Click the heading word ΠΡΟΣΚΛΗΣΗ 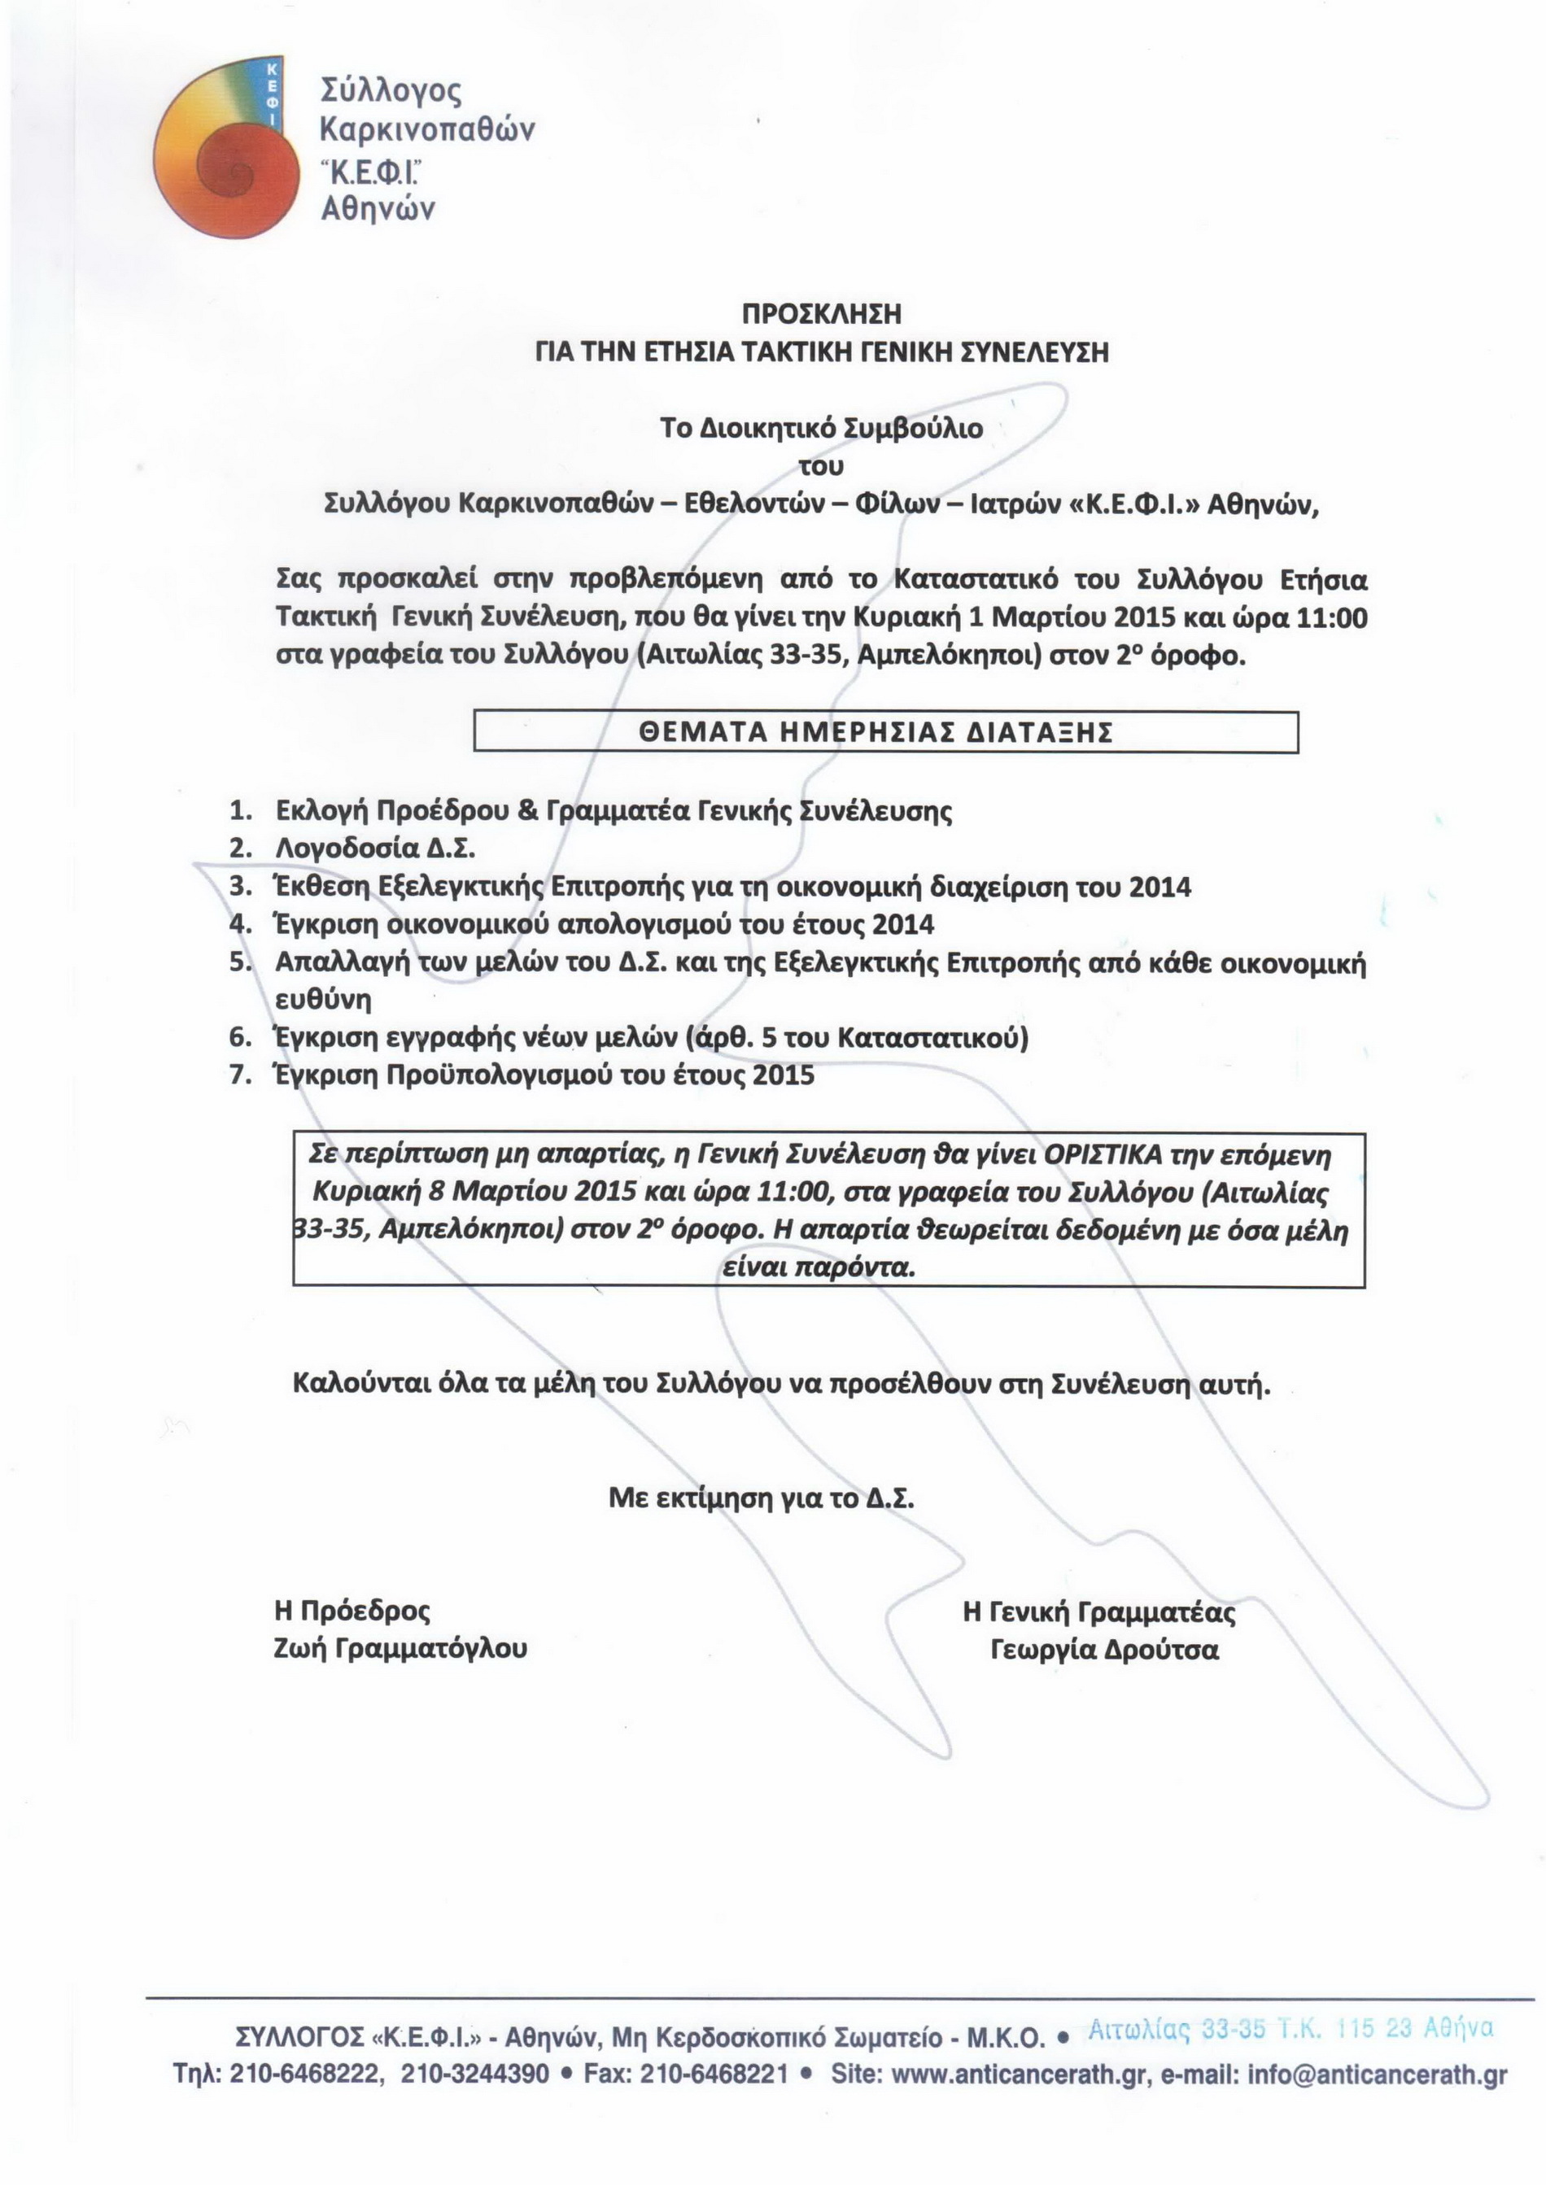[822, 314]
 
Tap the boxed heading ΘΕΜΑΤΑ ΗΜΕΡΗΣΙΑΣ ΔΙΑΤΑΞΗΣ [885, 732]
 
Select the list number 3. [240, 887]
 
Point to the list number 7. [240, 1075]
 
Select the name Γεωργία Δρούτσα [1104, 1649]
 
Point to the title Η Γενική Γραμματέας [1099, 1612]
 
